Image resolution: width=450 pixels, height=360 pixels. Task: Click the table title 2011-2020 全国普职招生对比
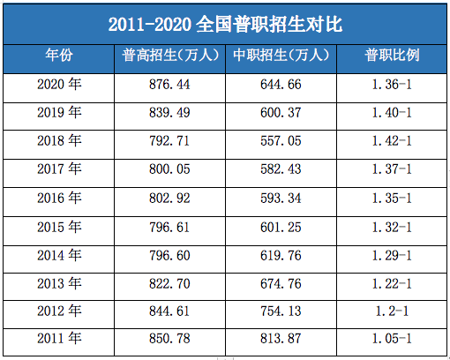(225, 24)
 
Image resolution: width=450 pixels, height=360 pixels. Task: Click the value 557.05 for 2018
(281, 141)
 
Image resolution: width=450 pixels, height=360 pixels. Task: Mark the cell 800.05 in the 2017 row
(170, 169)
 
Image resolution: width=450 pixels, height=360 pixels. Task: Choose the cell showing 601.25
(281, 227)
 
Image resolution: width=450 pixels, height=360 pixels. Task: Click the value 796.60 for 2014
(170, 255)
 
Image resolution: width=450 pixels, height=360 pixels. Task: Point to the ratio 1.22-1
(392, 283)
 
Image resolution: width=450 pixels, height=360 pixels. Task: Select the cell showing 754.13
(281, 311)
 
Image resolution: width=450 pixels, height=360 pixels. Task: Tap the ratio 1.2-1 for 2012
(392, 311)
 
